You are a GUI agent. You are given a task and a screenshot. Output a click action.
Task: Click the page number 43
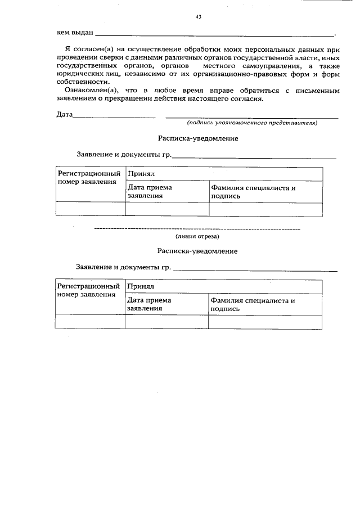(x=198, y=17)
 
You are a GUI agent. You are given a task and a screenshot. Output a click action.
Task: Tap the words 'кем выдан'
(x=75, y=33)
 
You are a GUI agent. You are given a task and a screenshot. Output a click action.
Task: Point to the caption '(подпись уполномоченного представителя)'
(x=253, y=123)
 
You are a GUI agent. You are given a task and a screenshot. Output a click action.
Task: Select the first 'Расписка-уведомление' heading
(x=197, y=138)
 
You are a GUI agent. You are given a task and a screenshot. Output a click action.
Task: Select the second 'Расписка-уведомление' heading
(x=197, y=251)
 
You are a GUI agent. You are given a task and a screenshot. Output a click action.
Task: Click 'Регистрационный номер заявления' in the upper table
(x=90, y=178)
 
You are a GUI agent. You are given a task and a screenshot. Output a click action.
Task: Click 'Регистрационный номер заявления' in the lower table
(x=90, y=290)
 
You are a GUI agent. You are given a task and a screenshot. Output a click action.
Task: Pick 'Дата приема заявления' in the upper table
(x=150, y=192)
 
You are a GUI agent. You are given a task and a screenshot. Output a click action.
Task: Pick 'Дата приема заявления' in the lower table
(x=149, y=304)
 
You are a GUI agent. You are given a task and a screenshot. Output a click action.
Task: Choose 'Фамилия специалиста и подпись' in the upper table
(x=253, y=192)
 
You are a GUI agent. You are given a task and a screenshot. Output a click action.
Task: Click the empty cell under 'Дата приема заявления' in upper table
(x=167, y=209)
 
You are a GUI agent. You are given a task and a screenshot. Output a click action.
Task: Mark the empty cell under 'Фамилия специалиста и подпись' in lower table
(x=265, y=322)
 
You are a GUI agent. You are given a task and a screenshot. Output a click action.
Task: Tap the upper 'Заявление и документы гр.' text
(x=124, y=155)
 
